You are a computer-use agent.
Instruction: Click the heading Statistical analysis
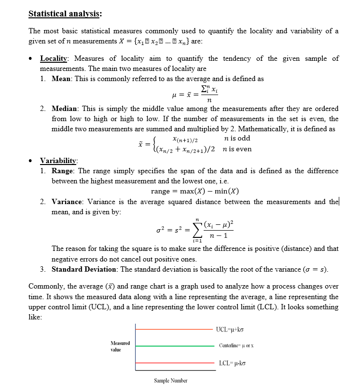pos(65,14)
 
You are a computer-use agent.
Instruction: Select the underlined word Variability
pos(58,161)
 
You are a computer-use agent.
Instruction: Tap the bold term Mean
pos(63,78)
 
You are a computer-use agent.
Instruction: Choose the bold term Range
pos(64,171)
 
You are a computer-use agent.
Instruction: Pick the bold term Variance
pos(68,202)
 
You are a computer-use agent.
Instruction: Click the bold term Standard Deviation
pos(84,269)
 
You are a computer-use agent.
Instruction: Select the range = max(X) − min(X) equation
pos(195,191)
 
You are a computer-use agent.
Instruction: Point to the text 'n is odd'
pos(237,138)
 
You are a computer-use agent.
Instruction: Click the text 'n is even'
pos(237,149)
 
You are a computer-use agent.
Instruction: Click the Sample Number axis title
pos(170,381)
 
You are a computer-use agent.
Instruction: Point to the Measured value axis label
pos(121,345)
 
